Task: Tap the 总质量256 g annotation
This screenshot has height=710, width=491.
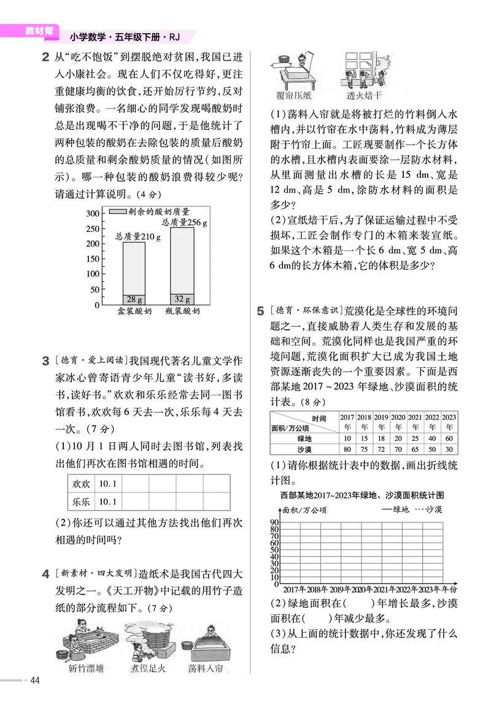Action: pos(184,223)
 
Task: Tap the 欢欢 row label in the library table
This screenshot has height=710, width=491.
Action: pos(81,484)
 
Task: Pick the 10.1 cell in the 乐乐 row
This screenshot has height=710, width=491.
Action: pos(108,502)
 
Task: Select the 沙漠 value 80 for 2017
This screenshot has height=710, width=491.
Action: pos(347,449)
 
